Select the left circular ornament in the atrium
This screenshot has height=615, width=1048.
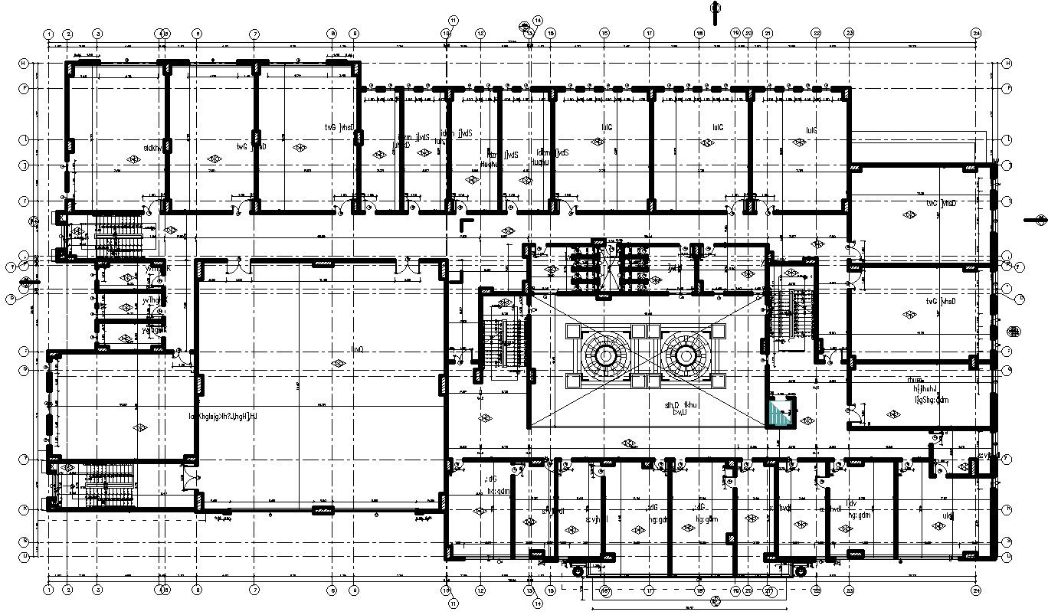(604, 356)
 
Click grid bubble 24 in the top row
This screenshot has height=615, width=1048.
(976, 34)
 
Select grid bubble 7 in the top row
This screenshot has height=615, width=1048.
(254, 34)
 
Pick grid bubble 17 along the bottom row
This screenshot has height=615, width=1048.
(648, 590)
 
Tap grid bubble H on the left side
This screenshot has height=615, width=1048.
(24, 63)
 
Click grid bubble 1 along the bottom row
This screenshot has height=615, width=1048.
(48, 590)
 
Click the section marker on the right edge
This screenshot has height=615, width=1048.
(1040, 220)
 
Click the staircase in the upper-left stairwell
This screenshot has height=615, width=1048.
(115, 234)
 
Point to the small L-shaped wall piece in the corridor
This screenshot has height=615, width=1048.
(465, 224)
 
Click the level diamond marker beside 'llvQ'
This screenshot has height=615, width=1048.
(336, 362)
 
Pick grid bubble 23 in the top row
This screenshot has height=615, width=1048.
(849, 34)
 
